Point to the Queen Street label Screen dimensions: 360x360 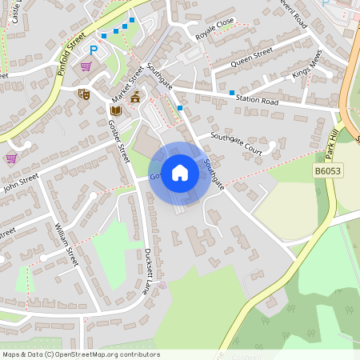(x=252, y=58)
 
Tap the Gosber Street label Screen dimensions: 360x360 (x=118, y=141)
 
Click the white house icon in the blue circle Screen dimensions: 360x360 (x=180, y=173)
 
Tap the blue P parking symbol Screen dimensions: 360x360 (x=93, y=50)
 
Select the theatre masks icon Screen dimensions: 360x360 (x=83, y=94)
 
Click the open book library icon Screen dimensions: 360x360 (x=114, y=110)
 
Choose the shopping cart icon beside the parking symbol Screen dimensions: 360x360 (x=86, y=66)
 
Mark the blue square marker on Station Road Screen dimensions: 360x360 (x=232, y=94)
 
